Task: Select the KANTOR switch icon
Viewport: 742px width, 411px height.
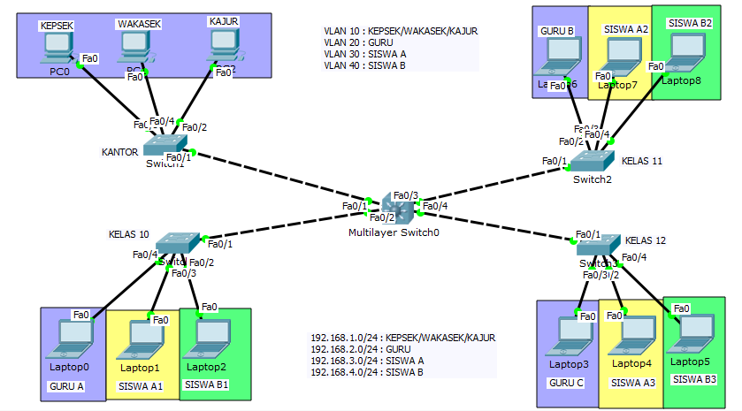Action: coord(166,144)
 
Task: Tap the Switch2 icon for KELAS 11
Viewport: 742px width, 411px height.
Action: coord(592,162)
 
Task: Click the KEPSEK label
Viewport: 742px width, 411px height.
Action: coord(56,27)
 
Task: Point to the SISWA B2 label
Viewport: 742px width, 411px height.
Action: coord(690,23)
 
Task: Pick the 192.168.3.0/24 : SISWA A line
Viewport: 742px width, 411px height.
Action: coord(367,361)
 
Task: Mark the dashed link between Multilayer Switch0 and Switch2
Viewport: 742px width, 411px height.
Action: coord(495,183)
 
